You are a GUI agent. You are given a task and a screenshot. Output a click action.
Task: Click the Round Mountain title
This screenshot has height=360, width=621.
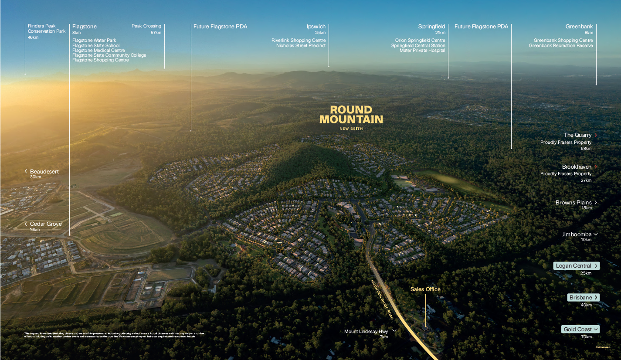tap(351, 114)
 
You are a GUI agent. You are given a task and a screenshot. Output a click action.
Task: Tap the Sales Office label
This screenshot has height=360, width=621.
tap(425, 289)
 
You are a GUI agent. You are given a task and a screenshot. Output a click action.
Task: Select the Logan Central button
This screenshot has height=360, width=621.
tap(577, 266)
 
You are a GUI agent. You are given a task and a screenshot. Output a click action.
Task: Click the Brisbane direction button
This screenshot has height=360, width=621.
tap(584, 298)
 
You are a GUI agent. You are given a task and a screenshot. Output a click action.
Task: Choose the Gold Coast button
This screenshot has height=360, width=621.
tap(580, 329)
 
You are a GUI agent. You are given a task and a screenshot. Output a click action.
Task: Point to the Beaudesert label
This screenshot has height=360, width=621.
tap(44, 172)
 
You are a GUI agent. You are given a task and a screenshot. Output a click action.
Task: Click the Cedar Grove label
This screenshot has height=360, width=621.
tap(46, 224)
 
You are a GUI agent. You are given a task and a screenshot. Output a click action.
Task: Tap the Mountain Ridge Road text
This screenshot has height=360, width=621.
tap(382, 299)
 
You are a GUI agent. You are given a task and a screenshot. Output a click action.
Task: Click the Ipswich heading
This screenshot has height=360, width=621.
tap(316, 27)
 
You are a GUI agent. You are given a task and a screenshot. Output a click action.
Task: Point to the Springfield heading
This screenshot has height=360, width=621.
tap(431, 27)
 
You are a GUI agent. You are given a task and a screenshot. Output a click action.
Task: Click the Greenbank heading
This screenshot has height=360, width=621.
tap(579, 27)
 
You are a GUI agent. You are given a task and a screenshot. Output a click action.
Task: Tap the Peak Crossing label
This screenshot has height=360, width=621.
tap(146, 26)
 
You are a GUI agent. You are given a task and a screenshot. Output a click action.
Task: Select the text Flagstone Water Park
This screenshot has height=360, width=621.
tap(94, 41)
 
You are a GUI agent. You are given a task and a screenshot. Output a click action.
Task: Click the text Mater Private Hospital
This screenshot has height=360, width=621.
tap(422, 51)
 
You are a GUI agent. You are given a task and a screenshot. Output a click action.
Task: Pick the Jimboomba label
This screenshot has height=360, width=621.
tap(577, 234)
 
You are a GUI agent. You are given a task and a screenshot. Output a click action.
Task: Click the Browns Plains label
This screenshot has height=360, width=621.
tap(573, 203)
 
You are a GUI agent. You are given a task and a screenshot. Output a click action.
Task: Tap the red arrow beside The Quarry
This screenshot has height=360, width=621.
tap(596, 135)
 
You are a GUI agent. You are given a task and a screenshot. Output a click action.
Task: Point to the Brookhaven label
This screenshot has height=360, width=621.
tap(577, 167)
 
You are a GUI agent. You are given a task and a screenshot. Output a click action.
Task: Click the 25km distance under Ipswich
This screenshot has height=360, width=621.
tap(320, 33)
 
